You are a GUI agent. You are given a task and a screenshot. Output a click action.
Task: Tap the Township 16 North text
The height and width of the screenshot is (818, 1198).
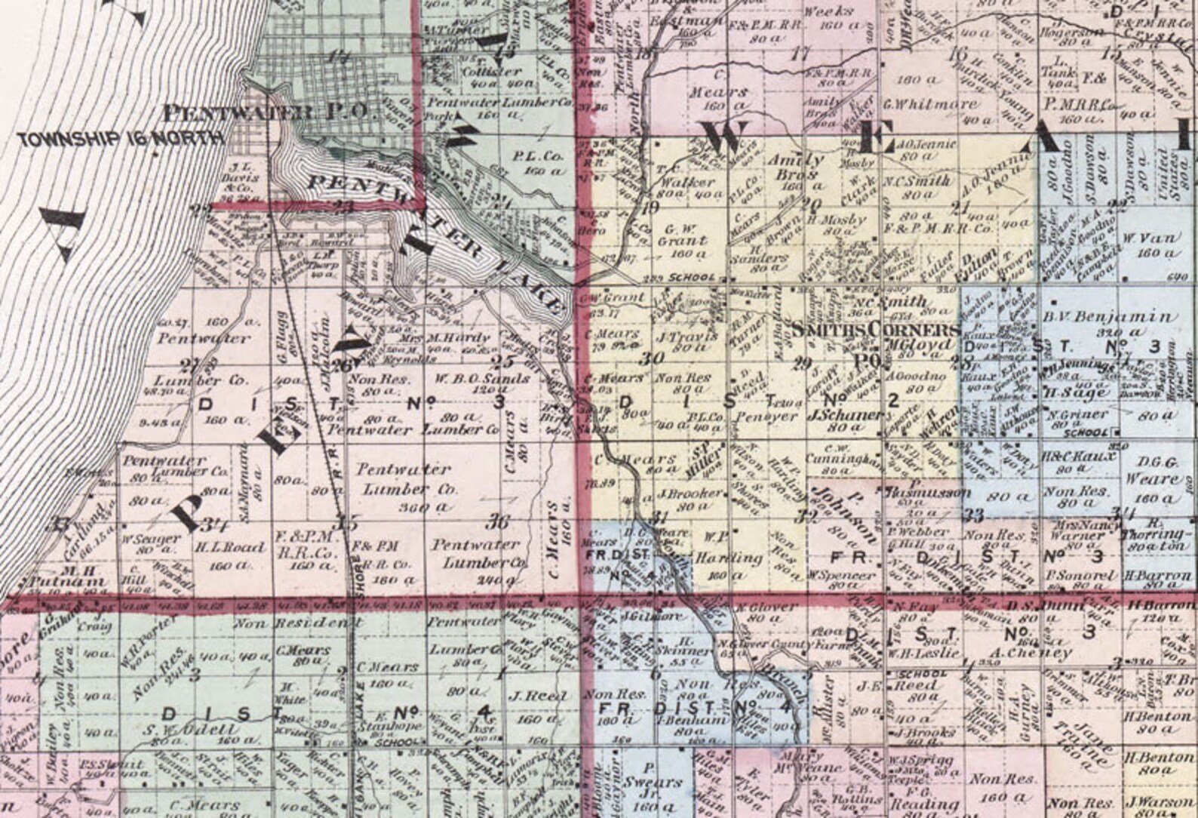point(121,139)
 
